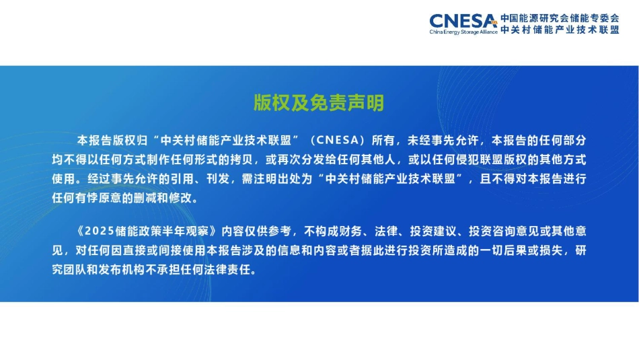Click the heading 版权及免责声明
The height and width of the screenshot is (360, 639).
coord(319,103)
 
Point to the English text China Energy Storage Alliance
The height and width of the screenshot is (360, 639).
coord(463,32)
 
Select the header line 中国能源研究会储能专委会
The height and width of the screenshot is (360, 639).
coord(560,17)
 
